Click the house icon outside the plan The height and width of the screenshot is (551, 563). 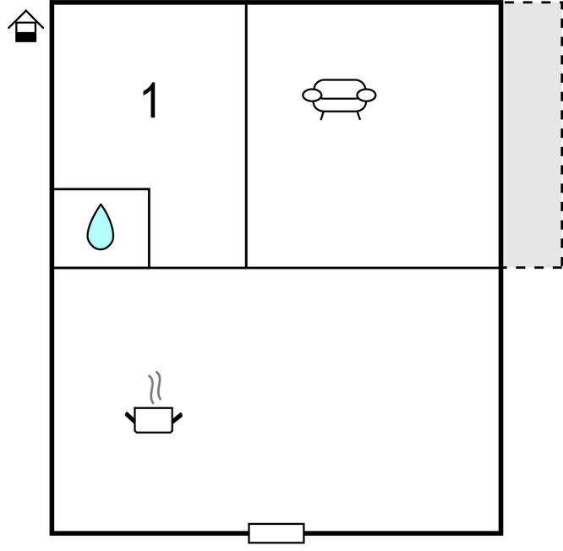[x=26, y=26]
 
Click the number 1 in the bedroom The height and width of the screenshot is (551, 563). [x=150, y=100]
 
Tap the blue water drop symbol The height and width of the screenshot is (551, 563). [x=101, y=226]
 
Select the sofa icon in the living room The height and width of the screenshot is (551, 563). [x=339, y=99]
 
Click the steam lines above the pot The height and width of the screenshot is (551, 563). [x=155, y=387]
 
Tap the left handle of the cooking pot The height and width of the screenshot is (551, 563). [x=130, y=417]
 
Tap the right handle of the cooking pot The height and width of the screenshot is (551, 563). [x=178, y=417]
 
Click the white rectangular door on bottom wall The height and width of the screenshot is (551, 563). [x=276, y=533]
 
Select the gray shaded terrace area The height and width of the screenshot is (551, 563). [x=532, y=134]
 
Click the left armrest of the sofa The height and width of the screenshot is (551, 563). [x=312, y=95]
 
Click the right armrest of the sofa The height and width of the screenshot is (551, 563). [x=367, y=95]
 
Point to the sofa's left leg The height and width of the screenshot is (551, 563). [x=322, y=116]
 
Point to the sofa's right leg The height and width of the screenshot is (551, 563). [x=358, y=116]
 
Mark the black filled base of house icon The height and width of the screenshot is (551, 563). [x=26, y=37]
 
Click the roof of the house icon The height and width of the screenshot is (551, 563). [x=26, y=18]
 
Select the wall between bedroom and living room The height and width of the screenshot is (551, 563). [x=246, y=136]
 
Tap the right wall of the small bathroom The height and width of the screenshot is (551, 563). [x=149, y=228]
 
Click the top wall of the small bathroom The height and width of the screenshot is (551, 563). [x=101, y=188]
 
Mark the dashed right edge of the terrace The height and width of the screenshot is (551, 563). [x=561, y=134]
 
